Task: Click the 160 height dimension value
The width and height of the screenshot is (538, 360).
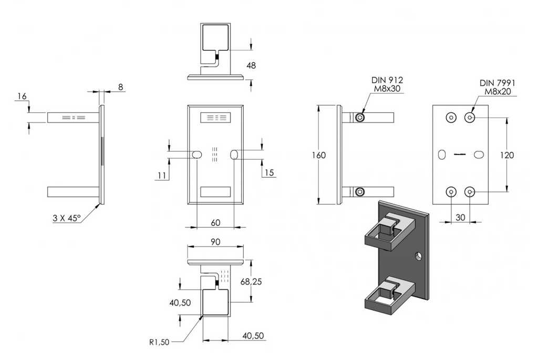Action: pos(319,155)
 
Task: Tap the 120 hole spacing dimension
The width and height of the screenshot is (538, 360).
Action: pos(507,155)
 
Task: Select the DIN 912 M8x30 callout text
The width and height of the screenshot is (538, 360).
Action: pos(387,85)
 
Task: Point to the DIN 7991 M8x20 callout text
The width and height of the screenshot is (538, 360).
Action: pos(498,87)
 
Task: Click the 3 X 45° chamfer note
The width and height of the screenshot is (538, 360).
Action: pos(67,218)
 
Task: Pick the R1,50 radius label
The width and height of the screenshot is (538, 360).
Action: pos(159,342)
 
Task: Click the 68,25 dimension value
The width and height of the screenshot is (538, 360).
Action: pos(251,282)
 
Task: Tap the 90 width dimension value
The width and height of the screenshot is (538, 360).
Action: pos(215,242)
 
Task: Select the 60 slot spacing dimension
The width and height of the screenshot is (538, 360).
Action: pos(215,223)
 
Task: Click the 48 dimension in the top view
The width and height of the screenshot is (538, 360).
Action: pos(251,65)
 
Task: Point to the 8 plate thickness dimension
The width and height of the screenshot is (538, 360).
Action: pos(120,87)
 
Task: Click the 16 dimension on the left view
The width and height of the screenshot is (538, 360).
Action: pos(22,96)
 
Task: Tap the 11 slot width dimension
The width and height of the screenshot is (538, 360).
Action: pos(162,176)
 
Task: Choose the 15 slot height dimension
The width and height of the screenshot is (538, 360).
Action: pos(270,172)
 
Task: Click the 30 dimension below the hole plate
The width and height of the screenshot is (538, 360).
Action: pos(460,217)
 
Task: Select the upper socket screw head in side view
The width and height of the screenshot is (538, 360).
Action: pos(360,118)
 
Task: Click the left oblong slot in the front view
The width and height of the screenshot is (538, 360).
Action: pos(197,155)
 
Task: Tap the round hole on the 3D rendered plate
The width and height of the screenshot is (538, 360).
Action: pos(418,256)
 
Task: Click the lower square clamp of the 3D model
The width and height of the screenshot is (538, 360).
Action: pos(389,296)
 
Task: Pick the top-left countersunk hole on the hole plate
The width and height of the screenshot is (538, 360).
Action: pos(451,118)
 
